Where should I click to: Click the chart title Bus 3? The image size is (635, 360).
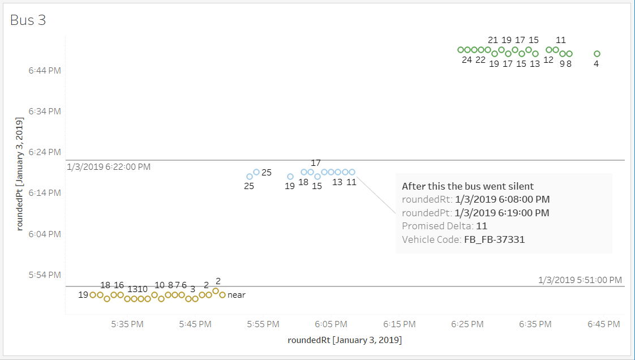(28, 20)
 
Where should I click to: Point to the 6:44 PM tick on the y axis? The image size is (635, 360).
(45, 70)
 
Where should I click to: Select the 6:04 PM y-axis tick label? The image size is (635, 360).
(45, 234)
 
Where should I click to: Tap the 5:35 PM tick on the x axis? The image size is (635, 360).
(127, 324)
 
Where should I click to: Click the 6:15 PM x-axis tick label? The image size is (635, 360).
(399, 324)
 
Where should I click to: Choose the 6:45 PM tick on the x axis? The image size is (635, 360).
(603, 324)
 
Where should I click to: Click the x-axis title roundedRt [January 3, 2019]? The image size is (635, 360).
(345, 340)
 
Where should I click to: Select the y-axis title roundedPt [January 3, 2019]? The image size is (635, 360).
(20, 174)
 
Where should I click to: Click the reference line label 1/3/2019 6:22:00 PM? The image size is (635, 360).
(109, 167)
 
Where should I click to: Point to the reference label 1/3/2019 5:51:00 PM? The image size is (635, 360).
(580, 280)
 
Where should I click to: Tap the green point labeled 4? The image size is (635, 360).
(597, 54)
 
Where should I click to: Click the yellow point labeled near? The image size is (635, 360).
(222, 295)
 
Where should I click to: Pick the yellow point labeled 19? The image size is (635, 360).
(93, 295)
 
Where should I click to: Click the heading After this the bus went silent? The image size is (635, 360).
(467, 186)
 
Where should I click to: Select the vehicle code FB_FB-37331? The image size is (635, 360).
(494, 239)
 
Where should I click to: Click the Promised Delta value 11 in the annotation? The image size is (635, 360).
(481, 226)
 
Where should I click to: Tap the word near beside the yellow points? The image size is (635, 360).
(237, 295)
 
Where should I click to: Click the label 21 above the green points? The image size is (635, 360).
(493, 40)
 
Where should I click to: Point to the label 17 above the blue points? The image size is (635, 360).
(316, 163)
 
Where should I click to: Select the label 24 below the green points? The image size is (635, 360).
(467, 60)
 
